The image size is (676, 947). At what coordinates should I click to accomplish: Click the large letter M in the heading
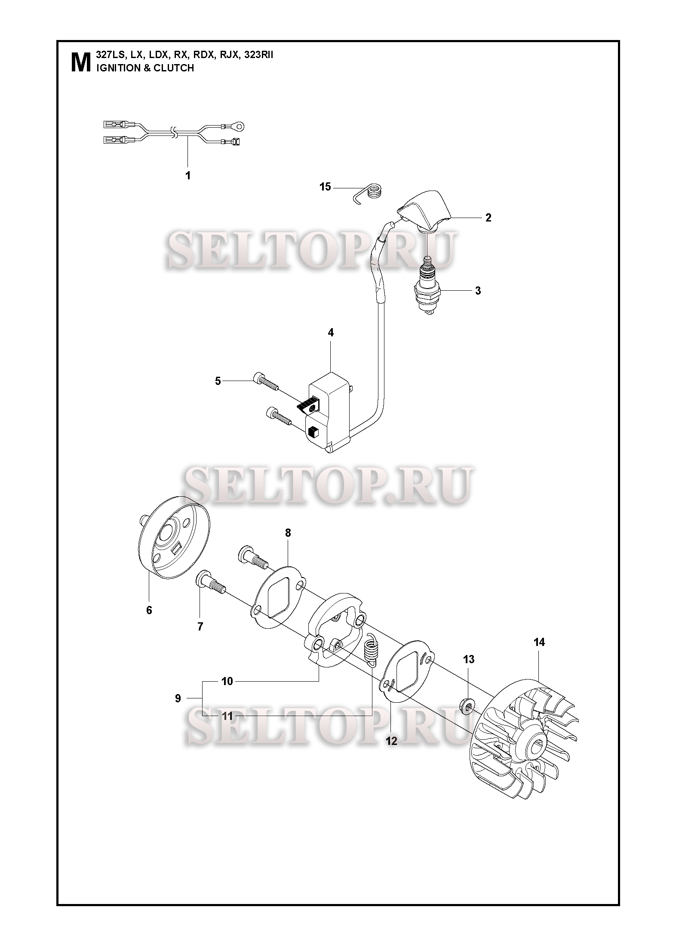click(x=80, y=62)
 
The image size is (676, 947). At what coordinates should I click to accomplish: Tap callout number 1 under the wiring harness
click(x=187, y=175)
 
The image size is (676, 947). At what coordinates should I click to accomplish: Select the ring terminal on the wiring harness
click(x=241, y=126)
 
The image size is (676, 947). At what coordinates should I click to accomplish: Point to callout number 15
click(x=326, y=187)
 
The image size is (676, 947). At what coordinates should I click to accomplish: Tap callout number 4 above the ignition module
click(x=330, y=332)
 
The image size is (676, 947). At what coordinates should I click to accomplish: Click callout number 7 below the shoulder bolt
click(x=200, y=627)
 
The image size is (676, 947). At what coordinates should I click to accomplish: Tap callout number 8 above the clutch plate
click(x=288, y=533)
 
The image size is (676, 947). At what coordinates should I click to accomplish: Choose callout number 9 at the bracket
click(x=178, y=698)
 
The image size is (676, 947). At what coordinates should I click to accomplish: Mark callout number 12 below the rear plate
click(x=392, y=741)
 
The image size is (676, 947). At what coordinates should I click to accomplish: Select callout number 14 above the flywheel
click(x=539, y=642)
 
